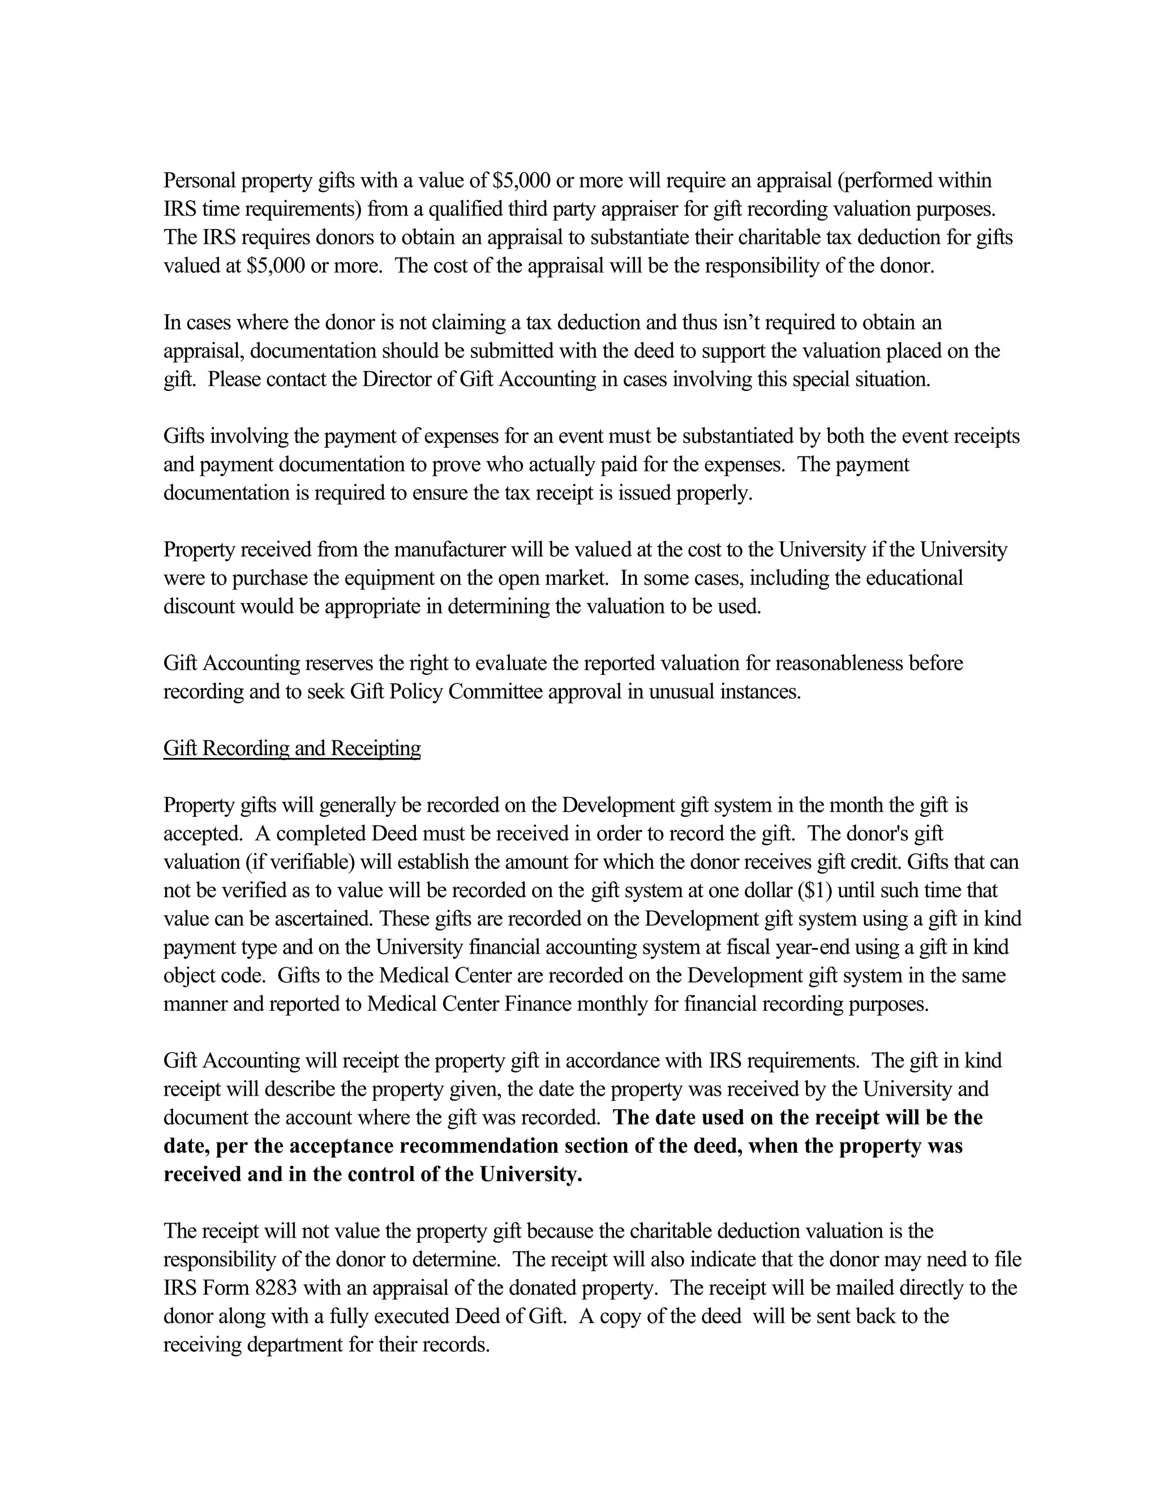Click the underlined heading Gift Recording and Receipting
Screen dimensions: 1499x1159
[292, 748]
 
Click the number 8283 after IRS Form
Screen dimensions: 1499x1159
[276, 1287]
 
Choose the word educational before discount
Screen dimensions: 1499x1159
[914, 578]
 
